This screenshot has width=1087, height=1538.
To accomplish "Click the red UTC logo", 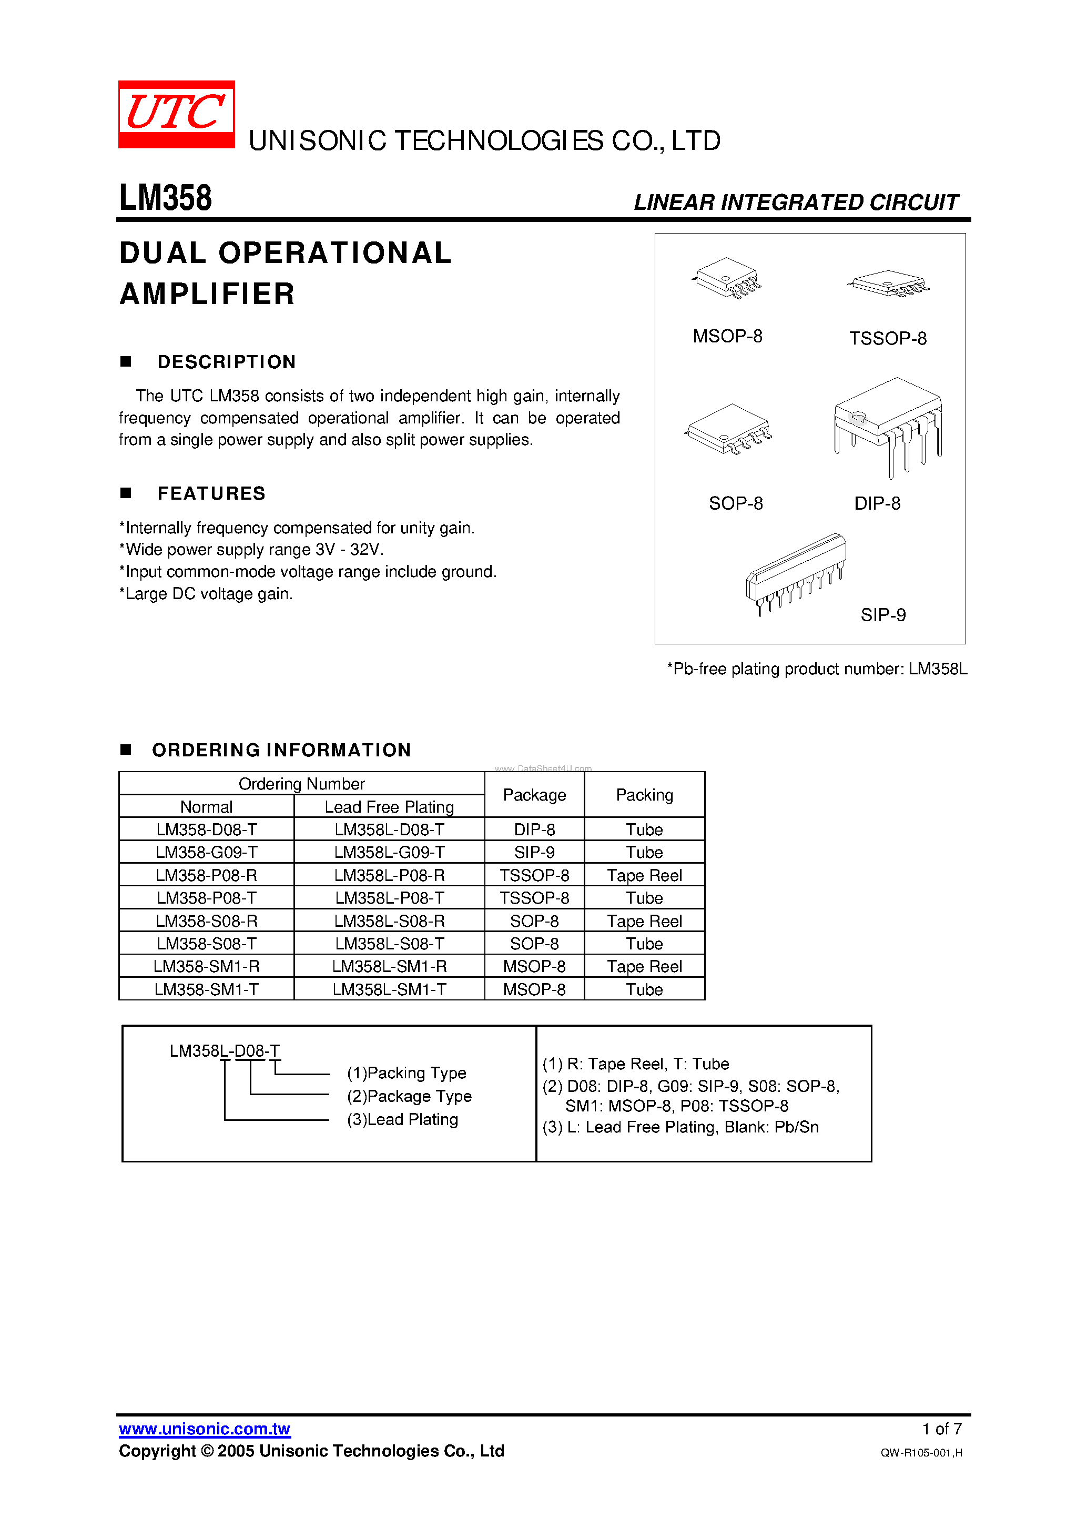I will [176, 114].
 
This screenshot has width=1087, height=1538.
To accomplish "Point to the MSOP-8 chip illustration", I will [727, 278].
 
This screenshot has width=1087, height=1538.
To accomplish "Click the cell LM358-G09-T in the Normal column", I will [206, 852].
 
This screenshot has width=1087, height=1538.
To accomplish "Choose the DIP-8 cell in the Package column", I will [534, 829].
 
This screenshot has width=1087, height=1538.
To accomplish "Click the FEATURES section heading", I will [211, 494].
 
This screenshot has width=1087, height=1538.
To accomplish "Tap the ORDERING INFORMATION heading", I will [281, 750].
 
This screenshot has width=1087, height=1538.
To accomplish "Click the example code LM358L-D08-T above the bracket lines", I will [225, 1050].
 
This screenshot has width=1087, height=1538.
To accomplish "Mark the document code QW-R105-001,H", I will [921, 1452].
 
